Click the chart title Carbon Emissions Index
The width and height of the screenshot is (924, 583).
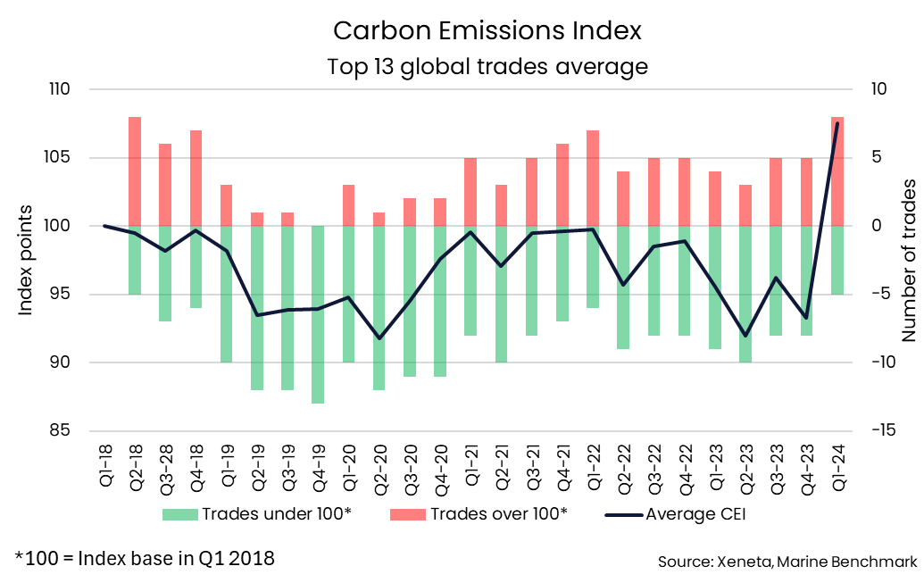point(487,30)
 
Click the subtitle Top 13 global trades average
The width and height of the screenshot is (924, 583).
point(487,66)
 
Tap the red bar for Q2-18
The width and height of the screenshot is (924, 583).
point(135,171)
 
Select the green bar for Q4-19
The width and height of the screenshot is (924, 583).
point(319,314)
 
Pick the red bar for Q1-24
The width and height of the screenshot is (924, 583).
point(837,171)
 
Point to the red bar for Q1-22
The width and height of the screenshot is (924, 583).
point(593,179)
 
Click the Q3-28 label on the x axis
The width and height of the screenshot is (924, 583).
point(166,463)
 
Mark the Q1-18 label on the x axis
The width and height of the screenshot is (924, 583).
point(104,463)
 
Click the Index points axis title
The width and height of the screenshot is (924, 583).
point(27,260)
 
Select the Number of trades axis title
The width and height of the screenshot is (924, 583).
point(909,260)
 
